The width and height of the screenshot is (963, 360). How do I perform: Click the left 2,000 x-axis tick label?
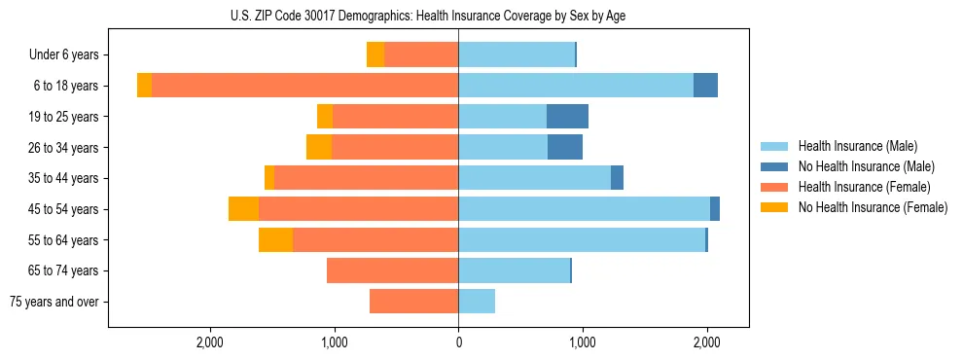[210, 342]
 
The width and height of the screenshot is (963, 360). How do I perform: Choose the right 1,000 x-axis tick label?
[583, 342]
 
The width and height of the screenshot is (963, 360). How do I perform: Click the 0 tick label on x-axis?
[458, 342]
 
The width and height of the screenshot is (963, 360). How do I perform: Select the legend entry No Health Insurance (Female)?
[873, 207]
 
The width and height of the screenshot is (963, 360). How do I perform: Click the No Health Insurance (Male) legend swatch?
[775, 166]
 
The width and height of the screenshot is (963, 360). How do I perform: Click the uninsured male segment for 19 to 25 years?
[567, 117]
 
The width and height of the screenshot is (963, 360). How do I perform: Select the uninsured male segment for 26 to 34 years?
[565, 147]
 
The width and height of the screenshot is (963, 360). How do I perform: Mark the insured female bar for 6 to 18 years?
[304, 86]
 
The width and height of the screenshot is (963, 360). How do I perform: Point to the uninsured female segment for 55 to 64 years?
[275, 239]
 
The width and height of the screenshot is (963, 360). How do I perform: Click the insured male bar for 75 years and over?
[477, 302]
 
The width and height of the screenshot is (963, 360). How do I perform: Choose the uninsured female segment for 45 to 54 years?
[243, 209]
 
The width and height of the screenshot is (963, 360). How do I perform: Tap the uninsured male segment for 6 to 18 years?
[705, 86]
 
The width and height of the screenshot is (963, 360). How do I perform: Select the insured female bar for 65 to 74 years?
[392, 270]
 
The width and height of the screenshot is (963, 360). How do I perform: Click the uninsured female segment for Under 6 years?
[375, 55]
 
